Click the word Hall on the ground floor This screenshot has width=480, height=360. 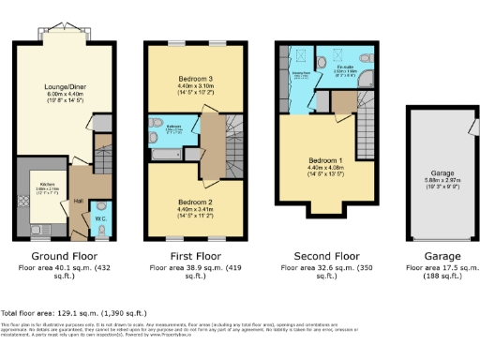click(x=79, y=200)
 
